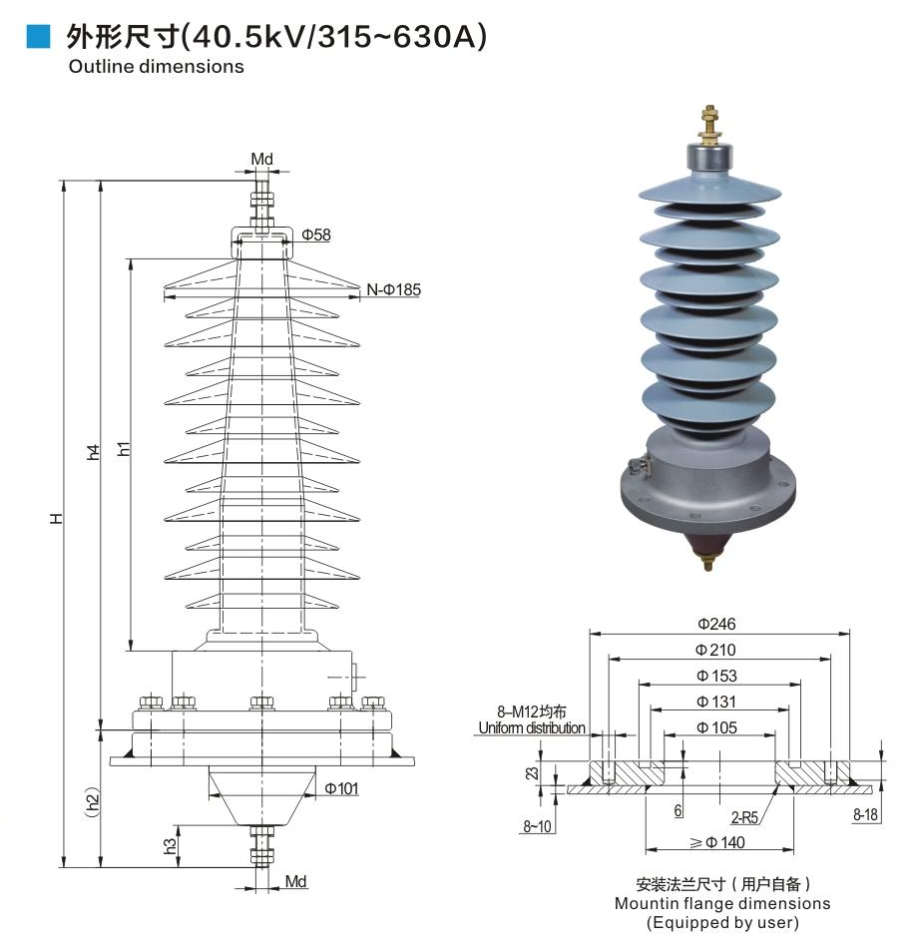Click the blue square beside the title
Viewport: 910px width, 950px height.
(x=38, y=37)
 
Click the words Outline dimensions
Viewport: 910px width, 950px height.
(x=156, y=67)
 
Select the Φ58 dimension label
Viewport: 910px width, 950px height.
(x=315, y=235)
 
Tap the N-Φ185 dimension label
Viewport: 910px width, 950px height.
(x=393, y=289)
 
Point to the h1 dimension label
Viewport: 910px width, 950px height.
(x=124, y=449)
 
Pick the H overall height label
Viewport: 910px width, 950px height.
(x=57, y=518)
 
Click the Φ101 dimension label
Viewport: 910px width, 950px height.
(x=342, y=788)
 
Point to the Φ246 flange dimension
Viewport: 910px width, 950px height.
(x=716, y=624)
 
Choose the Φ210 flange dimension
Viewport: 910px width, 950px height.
(x=716, y=650)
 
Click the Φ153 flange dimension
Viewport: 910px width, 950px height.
(x=716, y=676)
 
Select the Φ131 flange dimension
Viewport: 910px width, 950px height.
(x=716, y=702)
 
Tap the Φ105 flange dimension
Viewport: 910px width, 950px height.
(x=716, y=727)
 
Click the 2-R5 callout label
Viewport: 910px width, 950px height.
(x=744, y=817)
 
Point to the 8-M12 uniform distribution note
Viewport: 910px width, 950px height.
(x=532, y=719)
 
